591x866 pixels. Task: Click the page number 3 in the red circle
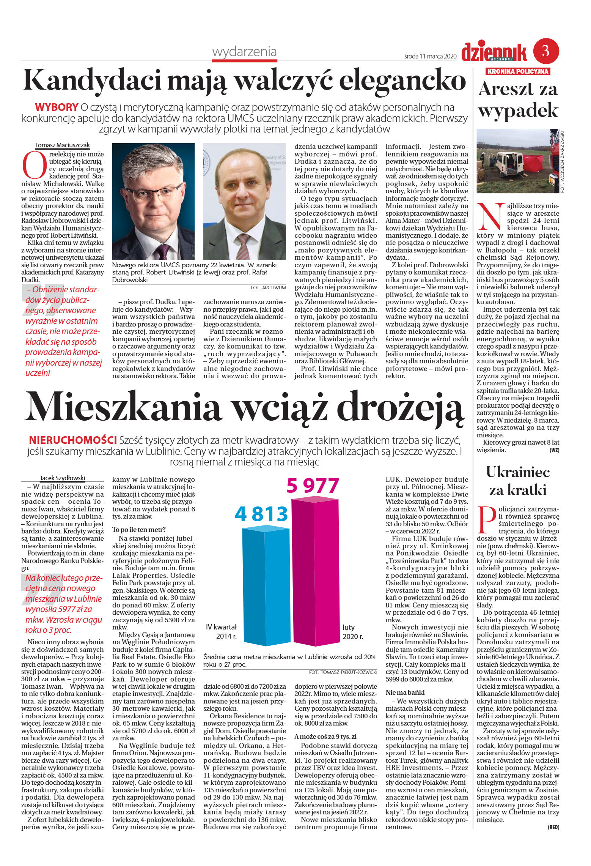click(x=546, y=51)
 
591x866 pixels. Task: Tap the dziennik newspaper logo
click(x=494, y=52)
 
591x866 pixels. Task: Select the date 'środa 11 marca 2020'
click(x=429, y=57)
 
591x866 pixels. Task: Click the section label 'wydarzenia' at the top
click(x=244, y=52)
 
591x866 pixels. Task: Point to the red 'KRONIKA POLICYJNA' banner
click(x=518, y=71)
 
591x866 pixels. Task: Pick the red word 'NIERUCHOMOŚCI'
click(x=73, y=440)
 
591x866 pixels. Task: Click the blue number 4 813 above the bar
click(x=261, y=514)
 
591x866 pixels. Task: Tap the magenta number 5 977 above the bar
click(x=312, y=486)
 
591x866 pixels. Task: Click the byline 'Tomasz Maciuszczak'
click(x=62, y=145)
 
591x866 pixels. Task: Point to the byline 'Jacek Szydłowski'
click(x=62, y=478)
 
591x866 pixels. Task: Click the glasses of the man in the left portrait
click(x=153, y=194)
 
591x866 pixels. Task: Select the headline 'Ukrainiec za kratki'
click(x=518, y=481)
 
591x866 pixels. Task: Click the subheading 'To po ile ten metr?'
click(x=139, y=529)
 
